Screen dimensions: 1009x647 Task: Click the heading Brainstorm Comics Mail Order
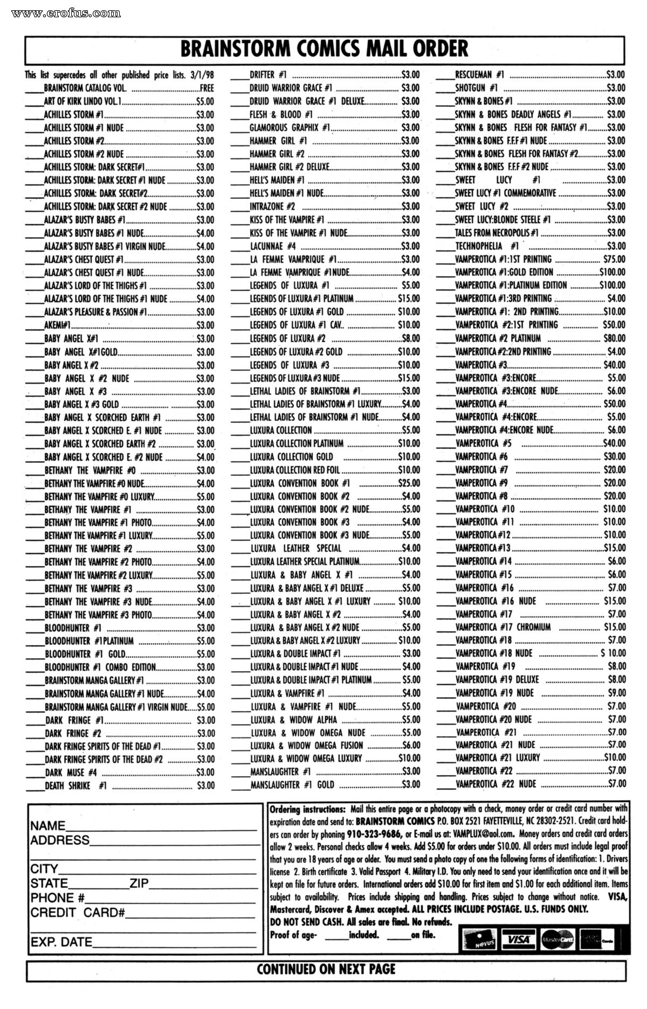click(x=324, y=49)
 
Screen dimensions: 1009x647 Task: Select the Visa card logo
click(x=518, y=940)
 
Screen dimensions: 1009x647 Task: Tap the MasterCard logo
click(x=557, y=940)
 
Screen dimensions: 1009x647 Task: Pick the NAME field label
click(x=48, y=826)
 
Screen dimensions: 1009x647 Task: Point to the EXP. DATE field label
click(x=61, y=942)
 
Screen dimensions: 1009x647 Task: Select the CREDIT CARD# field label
click(x=78, y=913)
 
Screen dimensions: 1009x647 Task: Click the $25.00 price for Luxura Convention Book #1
click(x=409, y=483)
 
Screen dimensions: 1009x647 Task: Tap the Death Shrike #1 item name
click(x=75, y=785)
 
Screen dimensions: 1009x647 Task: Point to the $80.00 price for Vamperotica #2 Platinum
click(x=614, y=338)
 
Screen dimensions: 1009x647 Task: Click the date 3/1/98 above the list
click(x=202, y=75)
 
